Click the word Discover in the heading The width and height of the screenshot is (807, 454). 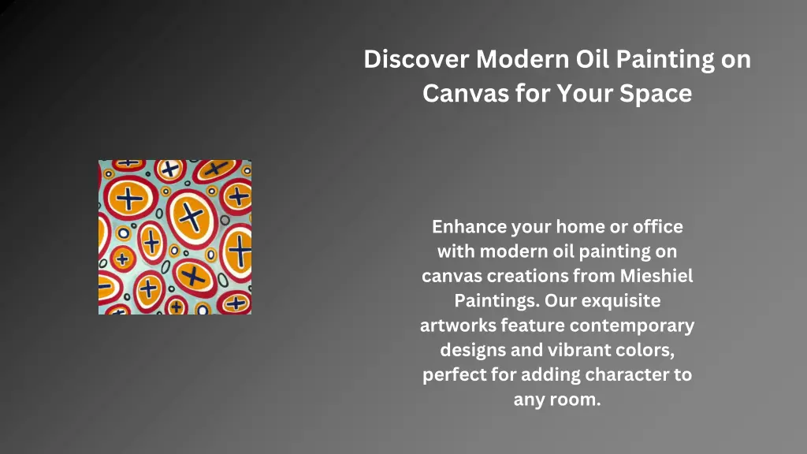point(417,60)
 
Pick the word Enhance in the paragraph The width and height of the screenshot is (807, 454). point(469,227)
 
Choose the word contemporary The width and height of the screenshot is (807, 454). point(632,325)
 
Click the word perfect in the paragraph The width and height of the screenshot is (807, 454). point(453,374)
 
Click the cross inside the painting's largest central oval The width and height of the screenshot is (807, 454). point(189,214)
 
